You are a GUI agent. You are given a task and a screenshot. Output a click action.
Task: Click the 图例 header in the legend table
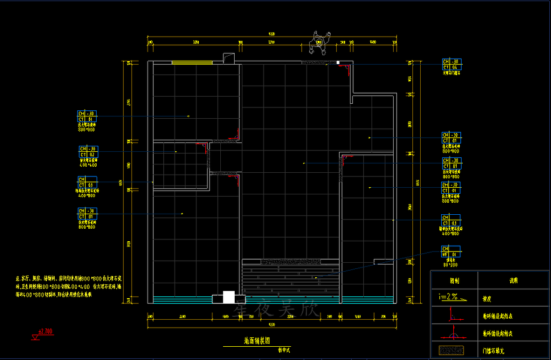(455, 280)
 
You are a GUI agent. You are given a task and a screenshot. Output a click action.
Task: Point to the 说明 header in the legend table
(513, 280)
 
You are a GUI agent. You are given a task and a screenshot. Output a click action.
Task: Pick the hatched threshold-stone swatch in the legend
(452, 349)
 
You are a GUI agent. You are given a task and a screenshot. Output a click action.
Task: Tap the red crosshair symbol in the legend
(452, 332)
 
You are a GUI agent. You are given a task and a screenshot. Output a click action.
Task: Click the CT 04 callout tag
(451, 67)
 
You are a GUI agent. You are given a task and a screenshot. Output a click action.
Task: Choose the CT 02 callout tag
(88, 154)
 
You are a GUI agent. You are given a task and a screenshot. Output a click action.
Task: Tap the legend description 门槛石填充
(496, 349)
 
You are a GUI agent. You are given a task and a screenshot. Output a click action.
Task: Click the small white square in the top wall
(338, 62)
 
